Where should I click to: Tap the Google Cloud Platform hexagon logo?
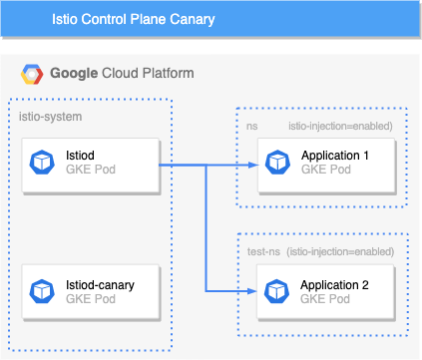click(31, 74)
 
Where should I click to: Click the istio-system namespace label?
click(51, 117)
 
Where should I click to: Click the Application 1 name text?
click(334, 156)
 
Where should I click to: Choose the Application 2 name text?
click(334, 284)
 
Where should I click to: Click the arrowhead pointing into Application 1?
click(252, 163)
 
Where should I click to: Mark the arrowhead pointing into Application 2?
click(252, 290)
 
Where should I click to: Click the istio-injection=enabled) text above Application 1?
click(340, 126)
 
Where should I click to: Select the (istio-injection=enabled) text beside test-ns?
click(339, 253)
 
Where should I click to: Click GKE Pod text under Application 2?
click(324, 298)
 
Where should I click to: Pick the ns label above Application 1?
click(252, 126)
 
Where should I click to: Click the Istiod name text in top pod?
click(79, 156)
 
